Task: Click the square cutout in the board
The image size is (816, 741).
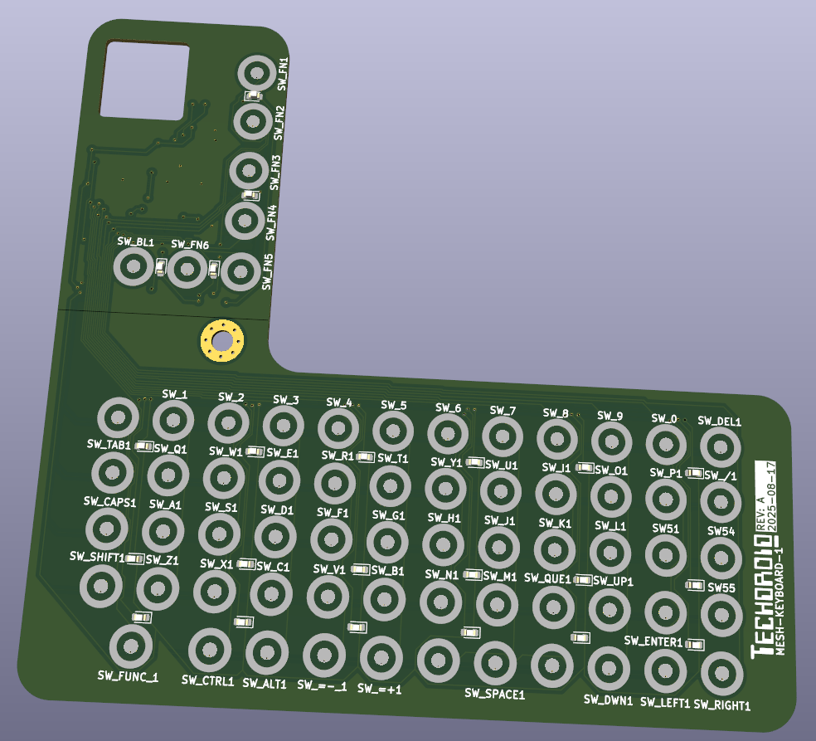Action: [144, 80]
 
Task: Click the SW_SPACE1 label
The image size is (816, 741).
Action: [494, 693]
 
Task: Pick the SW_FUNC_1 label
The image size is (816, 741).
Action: [128, 677]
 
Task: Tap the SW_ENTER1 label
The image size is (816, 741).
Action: [653, 641]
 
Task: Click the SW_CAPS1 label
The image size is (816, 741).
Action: [109, 502]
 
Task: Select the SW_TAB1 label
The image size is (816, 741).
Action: [109, 445]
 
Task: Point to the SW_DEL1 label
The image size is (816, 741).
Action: [719, 421]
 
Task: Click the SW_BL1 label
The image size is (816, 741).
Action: [135, 241]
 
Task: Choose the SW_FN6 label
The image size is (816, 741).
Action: [190, 244]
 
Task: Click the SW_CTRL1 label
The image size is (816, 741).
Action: [207, 680]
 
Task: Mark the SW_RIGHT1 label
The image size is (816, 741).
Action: [721, 705]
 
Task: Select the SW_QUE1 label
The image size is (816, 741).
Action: [547, 578]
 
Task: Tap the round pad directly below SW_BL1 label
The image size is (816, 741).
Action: [131, 268]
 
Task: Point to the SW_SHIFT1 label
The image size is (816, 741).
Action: [97, 556]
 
